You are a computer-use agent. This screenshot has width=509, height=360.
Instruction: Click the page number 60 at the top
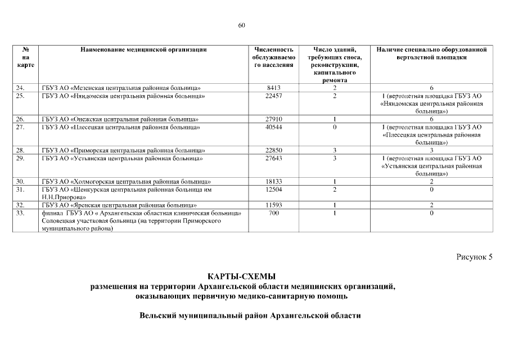pos(242,25)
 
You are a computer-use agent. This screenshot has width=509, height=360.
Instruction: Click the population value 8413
pos(274,88)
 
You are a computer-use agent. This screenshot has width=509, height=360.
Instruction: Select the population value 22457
pos(274,96)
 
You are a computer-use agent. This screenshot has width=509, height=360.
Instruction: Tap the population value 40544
pos(274,127)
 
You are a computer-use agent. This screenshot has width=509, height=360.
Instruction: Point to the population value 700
pos(274,213)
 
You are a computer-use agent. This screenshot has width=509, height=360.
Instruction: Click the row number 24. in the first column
pos(21,88)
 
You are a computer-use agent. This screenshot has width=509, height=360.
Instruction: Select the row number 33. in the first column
pos(21,213)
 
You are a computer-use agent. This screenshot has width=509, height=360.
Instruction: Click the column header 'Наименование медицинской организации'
pos(143,49)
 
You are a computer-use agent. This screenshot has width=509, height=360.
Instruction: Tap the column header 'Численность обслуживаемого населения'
pos(274,57)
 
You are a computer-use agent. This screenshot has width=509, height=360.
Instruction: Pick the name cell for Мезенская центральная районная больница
pos(121,88)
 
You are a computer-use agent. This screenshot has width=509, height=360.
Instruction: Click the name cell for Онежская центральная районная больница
pos(120,119)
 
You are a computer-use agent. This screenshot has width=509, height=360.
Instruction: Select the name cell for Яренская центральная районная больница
pos(119,205)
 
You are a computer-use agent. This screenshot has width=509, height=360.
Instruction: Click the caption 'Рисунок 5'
pos(474,257)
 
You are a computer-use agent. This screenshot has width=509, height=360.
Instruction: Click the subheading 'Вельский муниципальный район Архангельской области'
pos(250,316)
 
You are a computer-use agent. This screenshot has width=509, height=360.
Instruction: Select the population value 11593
pos(274,205)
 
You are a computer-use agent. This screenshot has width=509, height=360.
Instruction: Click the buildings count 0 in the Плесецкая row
pos(334,127)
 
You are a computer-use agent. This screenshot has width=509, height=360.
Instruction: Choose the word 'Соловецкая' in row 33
pos(61,221)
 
